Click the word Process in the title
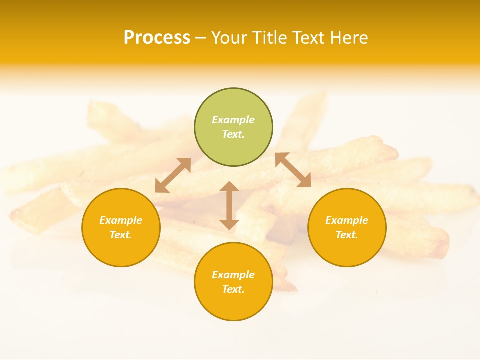pos(157,38)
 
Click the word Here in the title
pos(351,38)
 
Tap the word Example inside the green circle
pos(233,120)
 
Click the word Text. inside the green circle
pos(233,134)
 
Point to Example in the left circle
pos(121,220)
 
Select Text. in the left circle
pos(121,235)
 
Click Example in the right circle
pos(347,220)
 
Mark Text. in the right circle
pos(347,235)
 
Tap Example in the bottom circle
pos(233,275)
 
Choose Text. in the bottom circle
pos(233,289)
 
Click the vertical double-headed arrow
pos(229,205)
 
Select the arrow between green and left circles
pos(173,175)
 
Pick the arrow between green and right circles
pos(293,170)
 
